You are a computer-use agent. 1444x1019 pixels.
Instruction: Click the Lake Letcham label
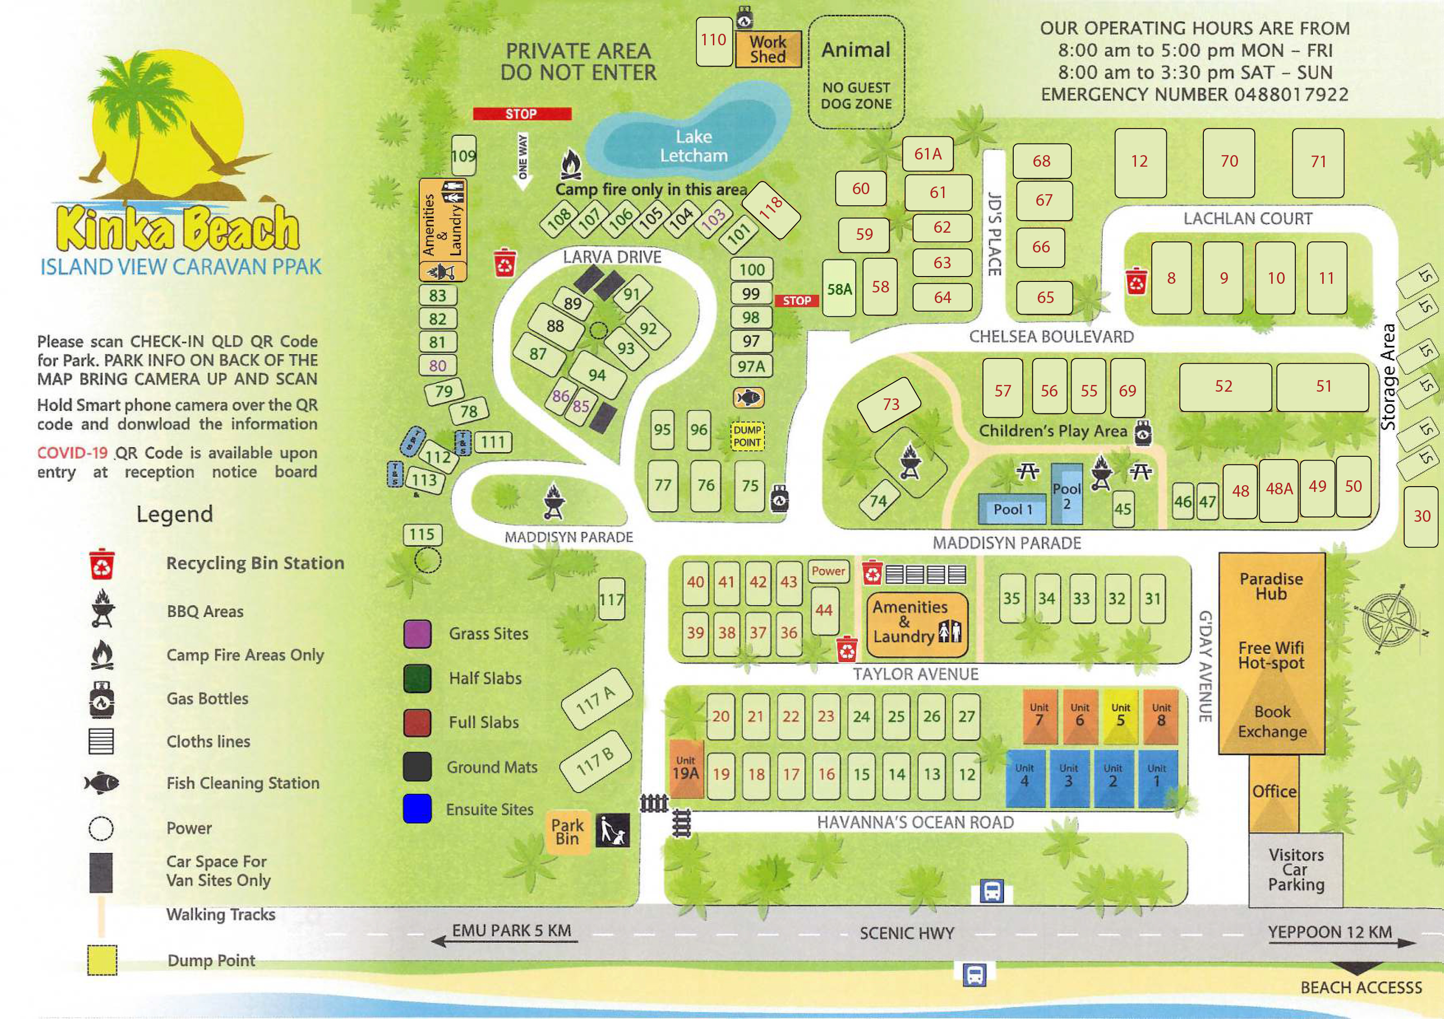pos(693,146)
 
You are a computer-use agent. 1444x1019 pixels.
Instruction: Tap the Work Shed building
pos(768,49)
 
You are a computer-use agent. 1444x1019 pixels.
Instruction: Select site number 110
pos(714,41)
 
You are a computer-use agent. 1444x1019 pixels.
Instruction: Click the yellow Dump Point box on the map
pos(747,436)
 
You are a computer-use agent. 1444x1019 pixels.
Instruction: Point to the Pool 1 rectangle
pos(1012,509)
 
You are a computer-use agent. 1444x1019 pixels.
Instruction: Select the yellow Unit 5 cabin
pos(1120,716)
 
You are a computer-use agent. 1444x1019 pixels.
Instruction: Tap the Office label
pos(1274,791)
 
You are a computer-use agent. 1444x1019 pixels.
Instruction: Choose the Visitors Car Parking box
pos(1296,870)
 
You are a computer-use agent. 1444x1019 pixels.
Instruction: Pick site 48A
pos(1278,489)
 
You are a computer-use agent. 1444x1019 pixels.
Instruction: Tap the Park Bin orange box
pos(567,832)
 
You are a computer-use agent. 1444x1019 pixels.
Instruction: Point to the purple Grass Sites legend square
pos(417,633)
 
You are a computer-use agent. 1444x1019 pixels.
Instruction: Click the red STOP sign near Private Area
pos(522,114)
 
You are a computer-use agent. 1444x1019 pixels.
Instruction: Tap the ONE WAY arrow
pos(523,161)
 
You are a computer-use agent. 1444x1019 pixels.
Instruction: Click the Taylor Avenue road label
pos(915,674)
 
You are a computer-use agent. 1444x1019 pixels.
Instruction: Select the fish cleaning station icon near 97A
pos(748,397)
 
